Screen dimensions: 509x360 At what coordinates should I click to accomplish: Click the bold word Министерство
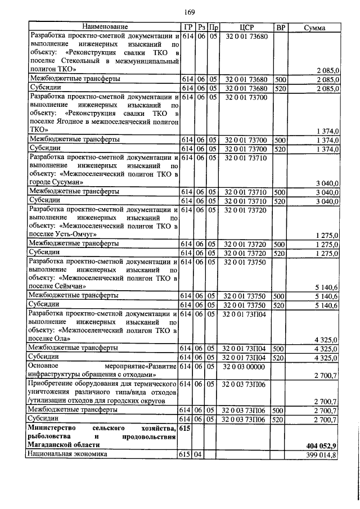[x=55, y=428]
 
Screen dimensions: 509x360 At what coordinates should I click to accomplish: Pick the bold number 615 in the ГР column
[x=186, y=428]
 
